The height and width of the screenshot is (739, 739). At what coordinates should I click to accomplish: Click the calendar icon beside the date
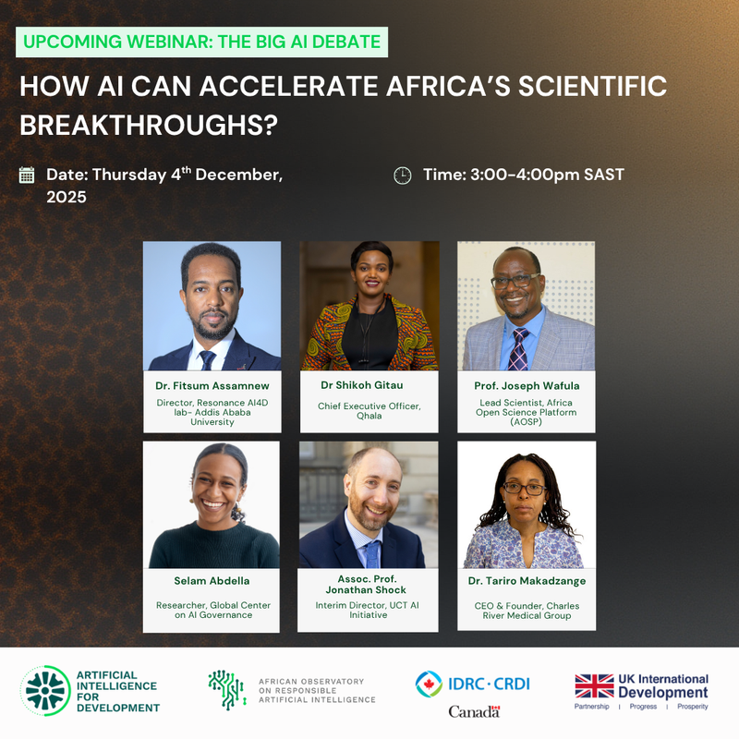tap(27, 175)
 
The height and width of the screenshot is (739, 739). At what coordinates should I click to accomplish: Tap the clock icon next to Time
tap(403, 175)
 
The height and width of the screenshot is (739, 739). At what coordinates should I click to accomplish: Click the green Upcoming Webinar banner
tap(200, 42)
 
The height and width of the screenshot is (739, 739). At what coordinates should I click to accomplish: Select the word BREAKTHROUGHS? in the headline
tap(149, 125)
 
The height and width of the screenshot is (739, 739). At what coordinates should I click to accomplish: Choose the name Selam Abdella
tap(212, 581)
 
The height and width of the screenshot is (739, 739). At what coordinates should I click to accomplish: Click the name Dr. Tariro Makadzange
tap(526, 581)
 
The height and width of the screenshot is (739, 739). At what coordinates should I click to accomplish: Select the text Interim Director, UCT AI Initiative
tap(368, 610)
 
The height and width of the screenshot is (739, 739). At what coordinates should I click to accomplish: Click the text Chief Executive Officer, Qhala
tap(368, 409)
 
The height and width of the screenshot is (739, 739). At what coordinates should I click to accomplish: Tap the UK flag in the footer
tap(594, 685)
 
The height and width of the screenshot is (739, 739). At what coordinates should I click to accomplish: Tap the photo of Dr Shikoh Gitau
tap(368, 306)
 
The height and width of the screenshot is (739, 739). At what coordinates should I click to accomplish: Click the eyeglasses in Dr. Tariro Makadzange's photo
tap(525, 487)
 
